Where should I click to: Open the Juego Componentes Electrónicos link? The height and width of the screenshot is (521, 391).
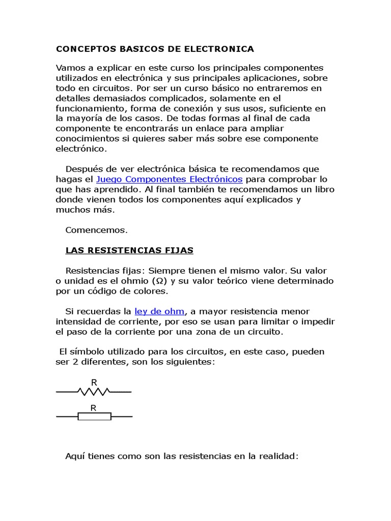169,179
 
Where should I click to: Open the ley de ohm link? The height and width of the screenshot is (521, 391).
159,311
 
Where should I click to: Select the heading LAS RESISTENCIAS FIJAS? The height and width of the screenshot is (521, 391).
129,250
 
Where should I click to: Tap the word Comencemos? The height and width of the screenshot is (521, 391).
96,230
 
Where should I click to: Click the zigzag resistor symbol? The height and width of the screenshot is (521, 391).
93,391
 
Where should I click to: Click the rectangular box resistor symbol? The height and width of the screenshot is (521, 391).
94,417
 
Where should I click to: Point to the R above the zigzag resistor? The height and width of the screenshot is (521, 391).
94,382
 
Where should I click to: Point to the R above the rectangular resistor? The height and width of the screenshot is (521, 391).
94,408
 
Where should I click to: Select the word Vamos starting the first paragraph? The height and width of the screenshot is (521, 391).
69,68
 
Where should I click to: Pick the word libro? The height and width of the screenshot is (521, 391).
324,189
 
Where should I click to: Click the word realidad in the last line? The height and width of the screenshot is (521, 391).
278,456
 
